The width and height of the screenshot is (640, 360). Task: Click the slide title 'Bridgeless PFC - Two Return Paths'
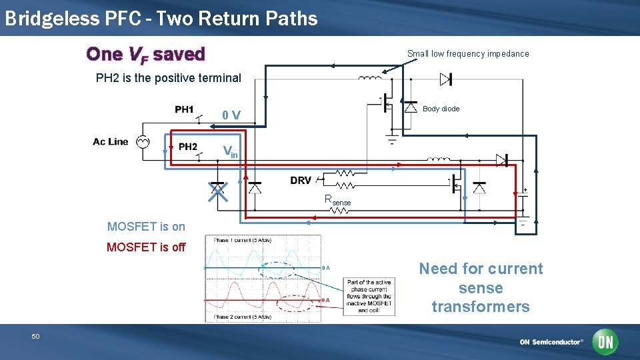161,19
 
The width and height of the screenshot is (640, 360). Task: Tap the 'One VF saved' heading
145,53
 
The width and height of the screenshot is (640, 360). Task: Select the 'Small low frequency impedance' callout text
468,54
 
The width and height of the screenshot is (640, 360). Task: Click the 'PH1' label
184,110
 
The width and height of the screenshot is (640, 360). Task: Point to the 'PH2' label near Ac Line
187,147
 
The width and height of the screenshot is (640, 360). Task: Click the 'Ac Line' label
111,141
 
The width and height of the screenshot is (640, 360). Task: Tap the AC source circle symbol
142,141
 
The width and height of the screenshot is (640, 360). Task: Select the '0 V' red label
232,115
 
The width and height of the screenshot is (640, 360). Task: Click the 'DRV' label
301,181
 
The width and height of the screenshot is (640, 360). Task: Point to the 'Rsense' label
337,199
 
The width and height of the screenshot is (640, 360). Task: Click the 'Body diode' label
441,109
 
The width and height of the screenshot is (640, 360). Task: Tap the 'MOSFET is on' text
146,227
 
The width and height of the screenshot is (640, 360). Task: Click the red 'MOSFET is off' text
146,247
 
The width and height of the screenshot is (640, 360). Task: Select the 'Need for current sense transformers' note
481,287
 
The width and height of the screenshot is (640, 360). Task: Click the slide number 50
36,337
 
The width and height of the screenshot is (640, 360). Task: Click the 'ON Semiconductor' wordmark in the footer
551,342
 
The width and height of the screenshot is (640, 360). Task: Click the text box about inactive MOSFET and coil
369,296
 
